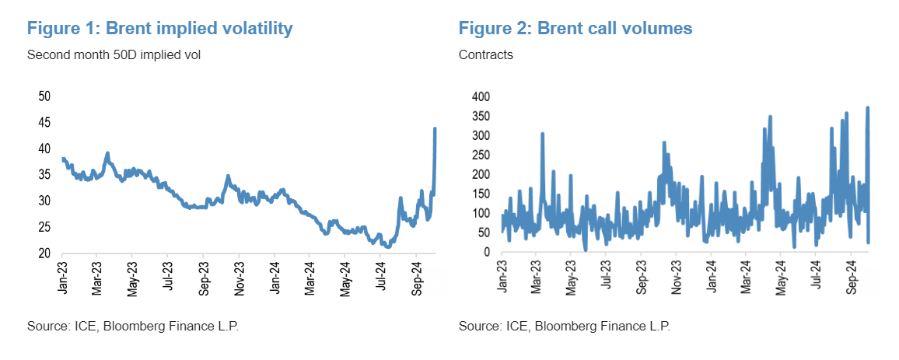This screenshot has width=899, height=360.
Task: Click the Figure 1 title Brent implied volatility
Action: (159, 29)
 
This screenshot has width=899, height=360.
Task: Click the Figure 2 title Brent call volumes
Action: (575, 29)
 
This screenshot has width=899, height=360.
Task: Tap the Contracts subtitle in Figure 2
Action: (486, 55)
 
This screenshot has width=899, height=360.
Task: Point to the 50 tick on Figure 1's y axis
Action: (45, 96)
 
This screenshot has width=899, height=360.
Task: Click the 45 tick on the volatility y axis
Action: (45, 123)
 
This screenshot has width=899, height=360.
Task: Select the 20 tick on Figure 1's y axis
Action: (45, 253)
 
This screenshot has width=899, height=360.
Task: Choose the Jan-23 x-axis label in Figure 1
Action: (62, 277)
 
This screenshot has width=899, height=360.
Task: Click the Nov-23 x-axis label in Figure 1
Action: (239, 277)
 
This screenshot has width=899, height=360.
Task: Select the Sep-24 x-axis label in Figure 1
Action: (415, 277)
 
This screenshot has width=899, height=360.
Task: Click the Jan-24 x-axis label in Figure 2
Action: (710, 277)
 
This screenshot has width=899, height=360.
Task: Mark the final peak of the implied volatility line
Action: (435, 128)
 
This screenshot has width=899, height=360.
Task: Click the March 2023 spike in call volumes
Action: (542, 134)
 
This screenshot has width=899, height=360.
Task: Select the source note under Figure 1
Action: (132, 326)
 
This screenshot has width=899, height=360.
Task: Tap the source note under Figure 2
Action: (564, 326)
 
